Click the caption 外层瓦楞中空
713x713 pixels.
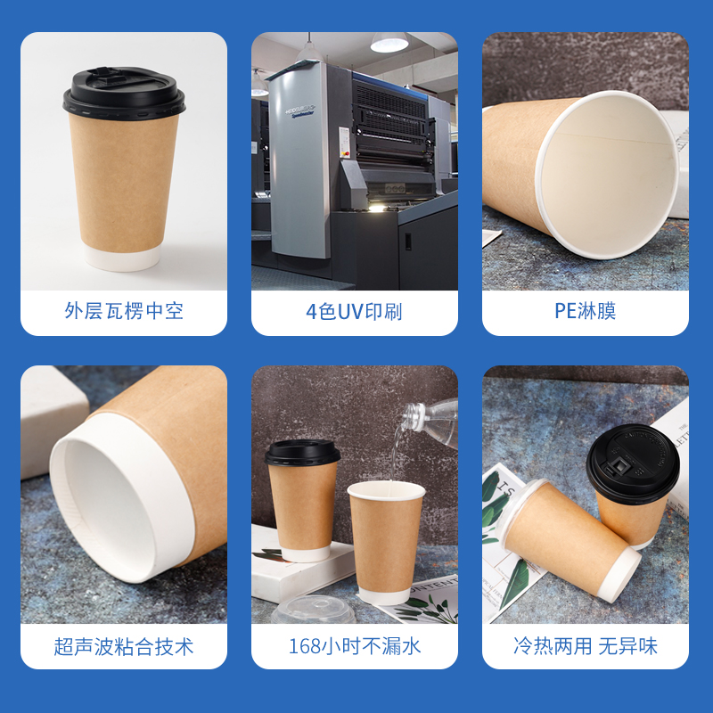pyautogui.click(x=124, y=311)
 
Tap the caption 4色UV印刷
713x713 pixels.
pyautogui.click(x=354, y=312)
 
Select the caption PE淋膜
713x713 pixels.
pyautogui.click(x=586, y=311)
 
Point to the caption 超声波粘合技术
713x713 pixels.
pyautogui.click(x=124, y=646)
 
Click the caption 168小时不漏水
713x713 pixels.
pyautogui.click(x=355, y=646)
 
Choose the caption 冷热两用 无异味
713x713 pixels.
pyautogui.click(x=586, y=646)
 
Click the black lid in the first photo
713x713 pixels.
pyautogui.click(x=124, y=94)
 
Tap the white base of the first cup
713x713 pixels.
pyautogui.click(x=122, y=258)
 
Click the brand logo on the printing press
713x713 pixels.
pyautogui.click(x=300, y=111)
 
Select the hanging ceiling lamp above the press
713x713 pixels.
pyautogui.click(x=389, y=42)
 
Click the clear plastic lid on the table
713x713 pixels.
pyautogui.click(x=314, y=610)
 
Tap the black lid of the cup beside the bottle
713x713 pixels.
pyautogui.click(x=302, y=453)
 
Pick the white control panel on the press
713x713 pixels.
pyautogui.click(x=344, y=143)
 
